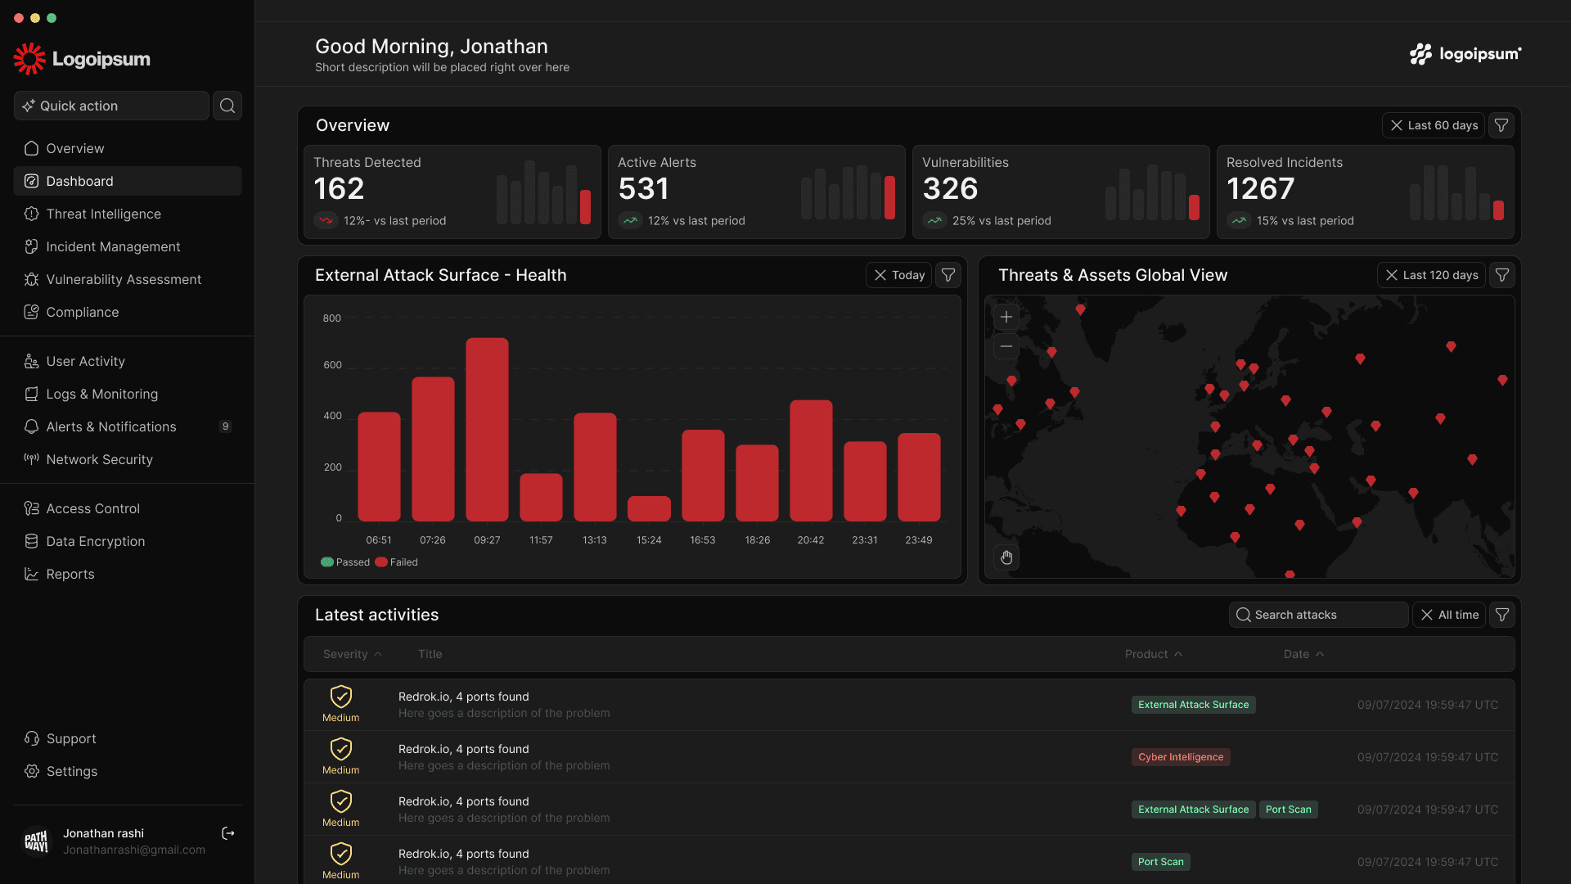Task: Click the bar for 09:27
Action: click(x=487, y=430)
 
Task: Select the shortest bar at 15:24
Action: click(x=649, y=509)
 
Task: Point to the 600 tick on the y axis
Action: click(x=332, y=365)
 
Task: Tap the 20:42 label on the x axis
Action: click(x=811, y=540)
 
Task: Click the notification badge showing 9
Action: click(x=226, y=426)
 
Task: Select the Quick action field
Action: click(x=111, y=106)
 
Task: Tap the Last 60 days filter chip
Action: click(x=1434, y=125)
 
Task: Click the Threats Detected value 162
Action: click(x=339, y=189)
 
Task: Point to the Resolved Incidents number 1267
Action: click(x=1260, y=189)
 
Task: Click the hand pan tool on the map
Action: click(x=1006, y=557)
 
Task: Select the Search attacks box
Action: click(x=1318, y=615)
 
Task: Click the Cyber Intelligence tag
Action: click(x=1181, y=757)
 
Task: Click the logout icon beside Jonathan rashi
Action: click(x=228, y=833)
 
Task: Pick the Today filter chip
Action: click(x=898, y=275)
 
